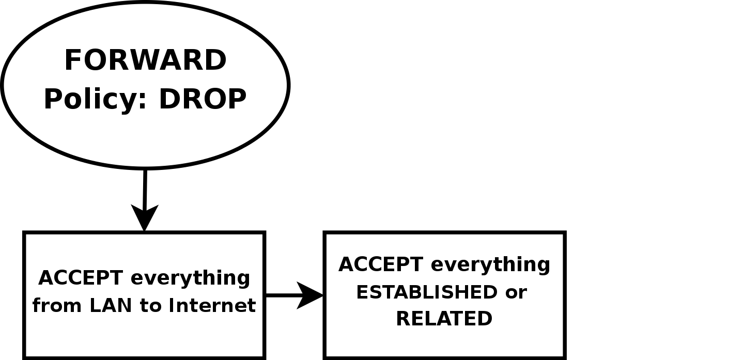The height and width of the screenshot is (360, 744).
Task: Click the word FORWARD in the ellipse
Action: point(145,60)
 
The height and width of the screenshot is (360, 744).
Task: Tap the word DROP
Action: point(202,99)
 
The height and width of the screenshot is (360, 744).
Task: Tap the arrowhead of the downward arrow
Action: point(145,217)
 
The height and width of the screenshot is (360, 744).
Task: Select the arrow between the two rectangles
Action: point(284,295)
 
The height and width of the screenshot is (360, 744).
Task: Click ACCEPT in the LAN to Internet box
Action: point(73,278)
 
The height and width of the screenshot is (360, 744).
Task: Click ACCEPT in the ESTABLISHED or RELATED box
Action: point(373,264)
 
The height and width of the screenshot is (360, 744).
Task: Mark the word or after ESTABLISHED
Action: point(516,293)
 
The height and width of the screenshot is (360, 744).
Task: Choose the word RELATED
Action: point(444,319)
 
